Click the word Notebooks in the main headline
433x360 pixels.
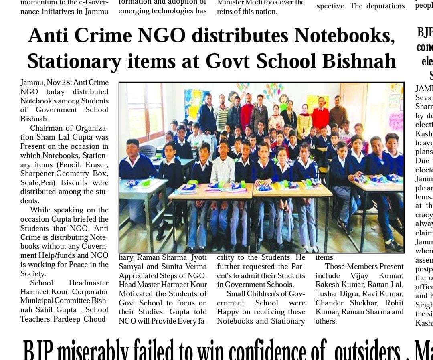point(344,36)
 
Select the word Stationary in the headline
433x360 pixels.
point(75,61)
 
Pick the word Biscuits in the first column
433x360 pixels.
point(74,183)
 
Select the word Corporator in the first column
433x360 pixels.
point(90,292)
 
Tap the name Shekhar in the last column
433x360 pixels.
point(360,303)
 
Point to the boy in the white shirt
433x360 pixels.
point(223,168)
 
